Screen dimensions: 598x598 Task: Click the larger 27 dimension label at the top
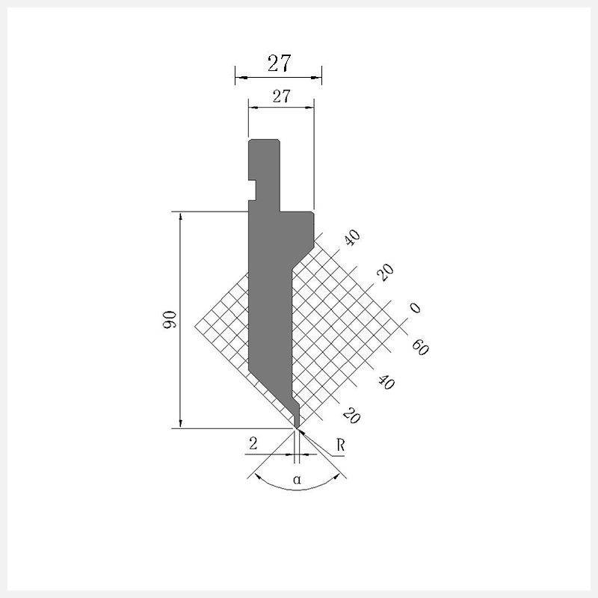(x=279, y=64)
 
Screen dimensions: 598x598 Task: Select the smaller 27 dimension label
(x=282, y=96)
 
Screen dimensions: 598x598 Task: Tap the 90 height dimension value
(x=170, y=320)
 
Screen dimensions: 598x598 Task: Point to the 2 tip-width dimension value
(x=253, y=443)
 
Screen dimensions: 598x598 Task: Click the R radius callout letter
(x=341, y=445)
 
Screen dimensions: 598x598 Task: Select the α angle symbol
(x=297, y=479)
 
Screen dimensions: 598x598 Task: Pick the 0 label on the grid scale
(x=415, y=307)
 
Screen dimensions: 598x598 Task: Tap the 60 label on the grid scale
(x=420, y=347)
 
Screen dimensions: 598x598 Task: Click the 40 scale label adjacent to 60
(x=386, y=382)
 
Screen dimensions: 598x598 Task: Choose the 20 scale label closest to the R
(x=351, y=416)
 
